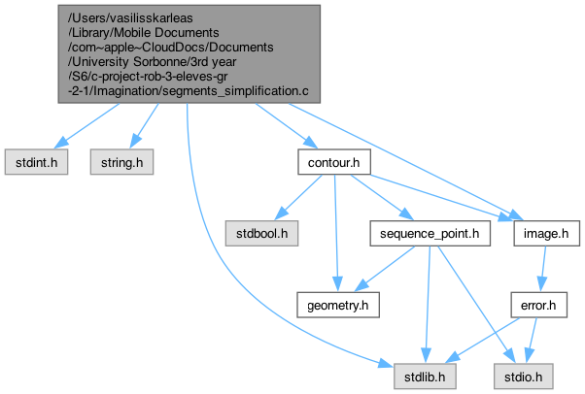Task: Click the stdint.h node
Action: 36,162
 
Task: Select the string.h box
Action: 122,162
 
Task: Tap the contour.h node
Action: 332,162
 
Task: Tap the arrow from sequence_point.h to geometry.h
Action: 384,269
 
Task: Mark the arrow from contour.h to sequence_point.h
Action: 380,198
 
